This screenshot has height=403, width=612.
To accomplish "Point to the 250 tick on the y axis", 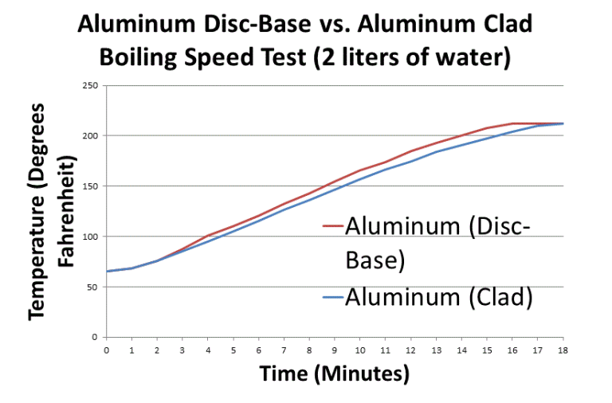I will pos(92,85).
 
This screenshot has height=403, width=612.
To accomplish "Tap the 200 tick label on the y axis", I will pos(92,135).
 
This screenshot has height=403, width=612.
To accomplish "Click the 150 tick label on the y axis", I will pos(92,186).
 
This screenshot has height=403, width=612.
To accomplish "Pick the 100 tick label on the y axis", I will pos(92,237).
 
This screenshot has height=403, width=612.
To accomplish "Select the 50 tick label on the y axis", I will pos(95,287).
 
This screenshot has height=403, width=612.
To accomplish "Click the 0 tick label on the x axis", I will pos(106,349).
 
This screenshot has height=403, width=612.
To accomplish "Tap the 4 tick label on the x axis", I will pos(208,349).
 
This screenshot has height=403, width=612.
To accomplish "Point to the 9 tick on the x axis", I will pos(335,349).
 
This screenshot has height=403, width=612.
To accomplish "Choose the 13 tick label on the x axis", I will pos(436,349).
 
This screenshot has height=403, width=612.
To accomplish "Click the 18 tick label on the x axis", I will pos(563,349).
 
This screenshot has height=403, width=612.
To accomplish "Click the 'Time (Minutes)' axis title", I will pos(334,374).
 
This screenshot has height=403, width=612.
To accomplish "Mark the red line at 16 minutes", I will pos(512,123).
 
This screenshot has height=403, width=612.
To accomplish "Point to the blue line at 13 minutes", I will pos(436,151).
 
